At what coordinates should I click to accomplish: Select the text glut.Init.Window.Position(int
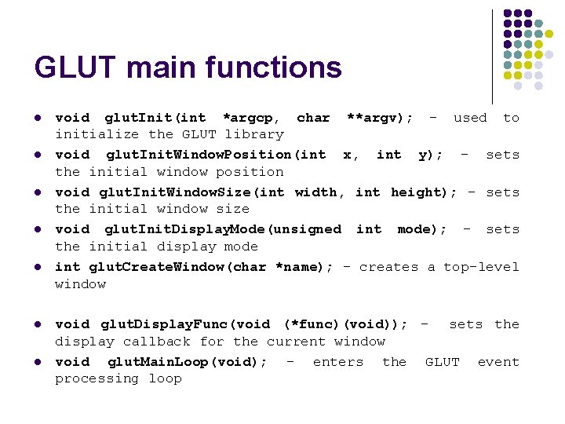(214, 155)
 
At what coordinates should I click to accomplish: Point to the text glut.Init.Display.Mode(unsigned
(223, 229)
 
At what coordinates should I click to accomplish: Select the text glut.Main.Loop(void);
(187, 362)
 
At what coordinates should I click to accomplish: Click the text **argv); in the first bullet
(380, 118)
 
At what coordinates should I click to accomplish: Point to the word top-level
(481, 267)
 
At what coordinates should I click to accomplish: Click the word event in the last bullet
(498, 362)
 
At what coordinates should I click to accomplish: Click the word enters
(338, 362)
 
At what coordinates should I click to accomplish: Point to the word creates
(388, 267)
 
